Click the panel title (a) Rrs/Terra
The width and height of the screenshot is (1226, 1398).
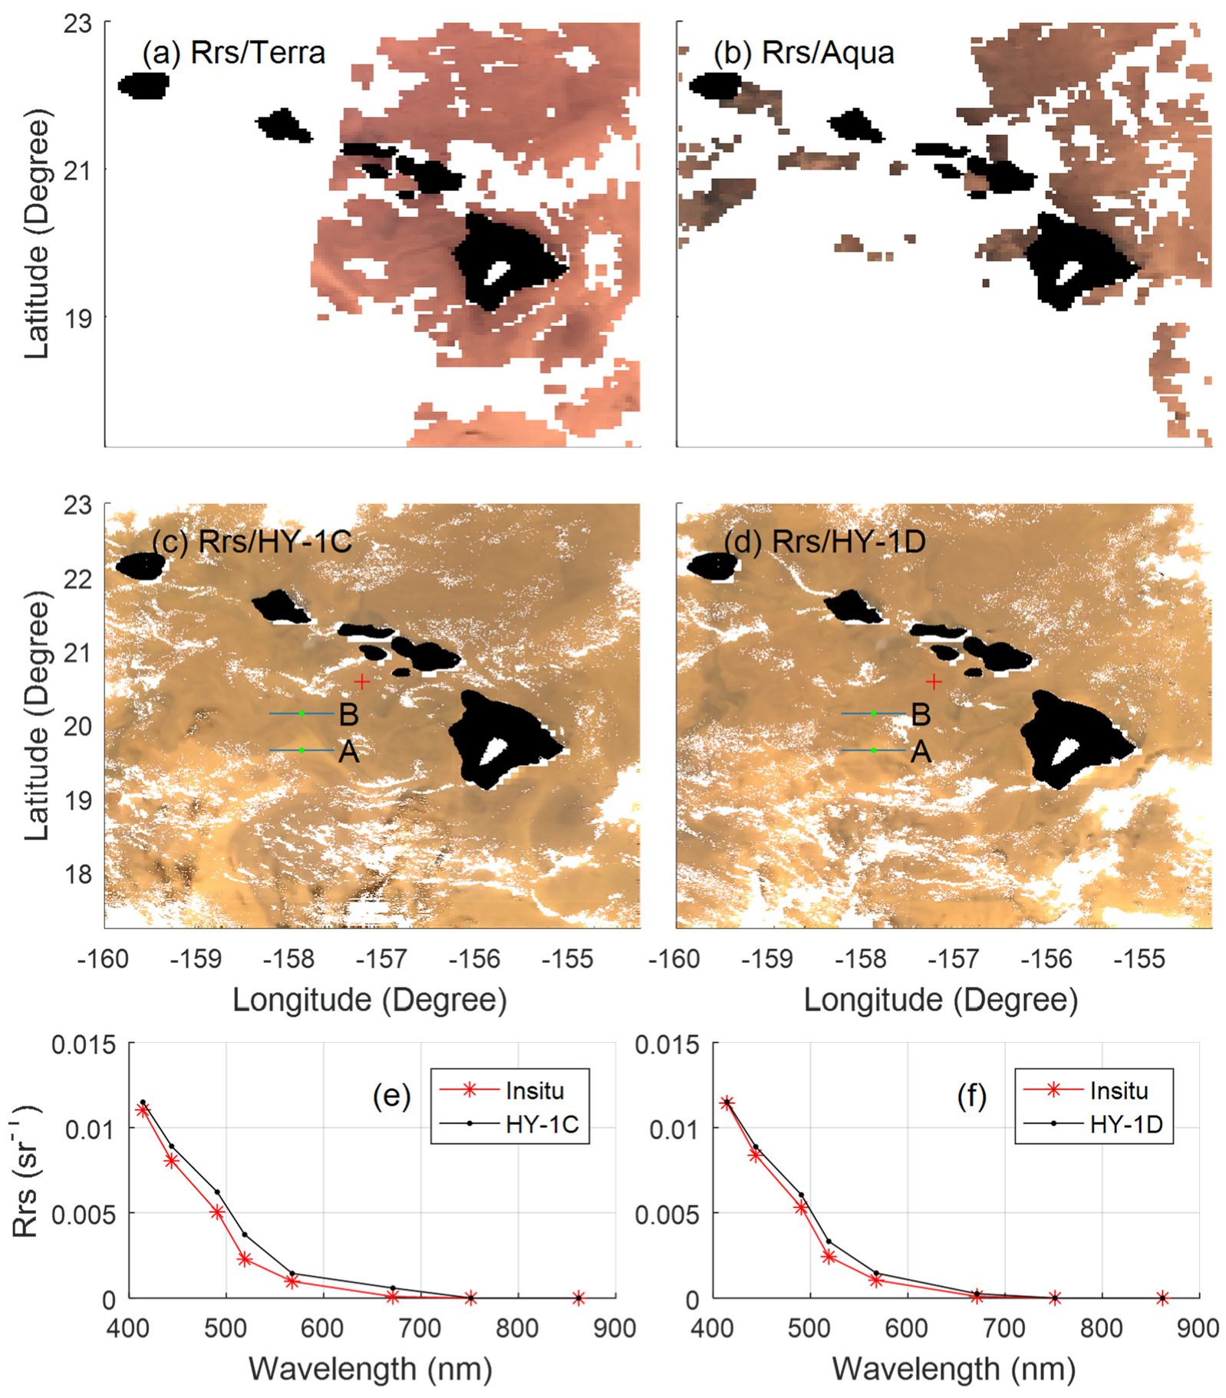pyautogui.click(x=234, y=53)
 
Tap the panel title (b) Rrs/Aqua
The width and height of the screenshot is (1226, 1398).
pyautogui.click(x=803, y=53)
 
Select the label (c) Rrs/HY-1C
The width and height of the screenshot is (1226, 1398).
pyautogui.click(x=252, y=542)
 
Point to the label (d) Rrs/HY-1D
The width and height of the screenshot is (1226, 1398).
pyautogui.click(x=825, y=542)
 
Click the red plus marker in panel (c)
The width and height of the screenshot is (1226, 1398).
pyautogui.click(x=361, y=681)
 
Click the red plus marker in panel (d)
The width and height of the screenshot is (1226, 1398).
pyautogui.click(x=934, y=681)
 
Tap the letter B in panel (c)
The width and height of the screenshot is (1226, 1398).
pyautogui.click(x=349, y=715)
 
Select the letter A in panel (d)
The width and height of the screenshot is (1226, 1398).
pyautogui.click(x=921, y=752)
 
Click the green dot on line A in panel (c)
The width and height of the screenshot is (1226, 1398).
pyautogui.click(x=302, y=750)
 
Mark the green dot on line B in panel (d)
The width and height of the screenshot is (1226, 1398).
pyautogui.click(x=873, y=714)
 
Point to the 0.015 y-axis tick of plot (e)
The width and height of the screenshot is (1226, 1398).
pyautogui.click(x=84, y=1045)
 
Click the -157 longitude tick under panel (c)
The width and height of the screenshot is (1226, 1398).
pyautogui.click(x=381, y=959)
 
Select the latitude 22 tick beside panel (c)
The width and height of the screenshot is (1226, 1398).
pyautogui.click(x=77, y=579)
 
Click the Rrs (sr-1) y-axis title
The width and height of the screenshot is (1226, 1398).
pyautogui.click(x=26, y=1171)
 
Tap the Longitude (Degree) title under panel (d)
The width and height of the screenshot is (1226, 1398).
pyautogui.click(x=941, y=1001)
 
